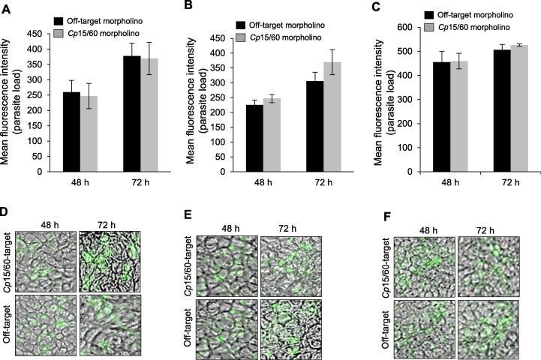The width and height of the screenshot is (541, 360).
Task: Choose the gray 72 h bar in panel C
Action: click(494, 108)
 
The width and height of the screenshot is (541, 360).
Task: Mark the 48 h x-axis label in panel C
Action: click(440, 181)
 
